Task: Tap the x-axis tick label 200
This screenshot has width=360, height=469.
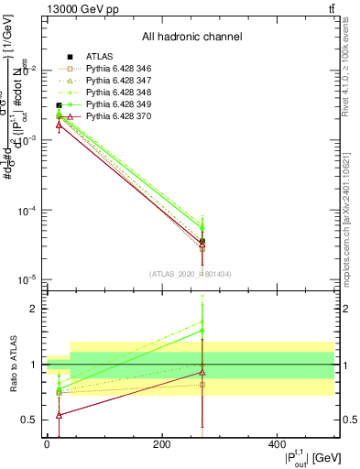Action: click(161, 444)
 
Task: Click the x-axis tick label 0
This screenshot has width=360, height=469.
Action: click(47, 444)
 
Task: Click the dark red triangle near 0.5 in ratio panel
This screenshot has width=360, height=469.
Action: click(59, 415)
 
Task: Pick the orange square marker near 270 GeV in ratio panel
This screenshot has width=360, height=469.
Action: click(202, 385)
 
